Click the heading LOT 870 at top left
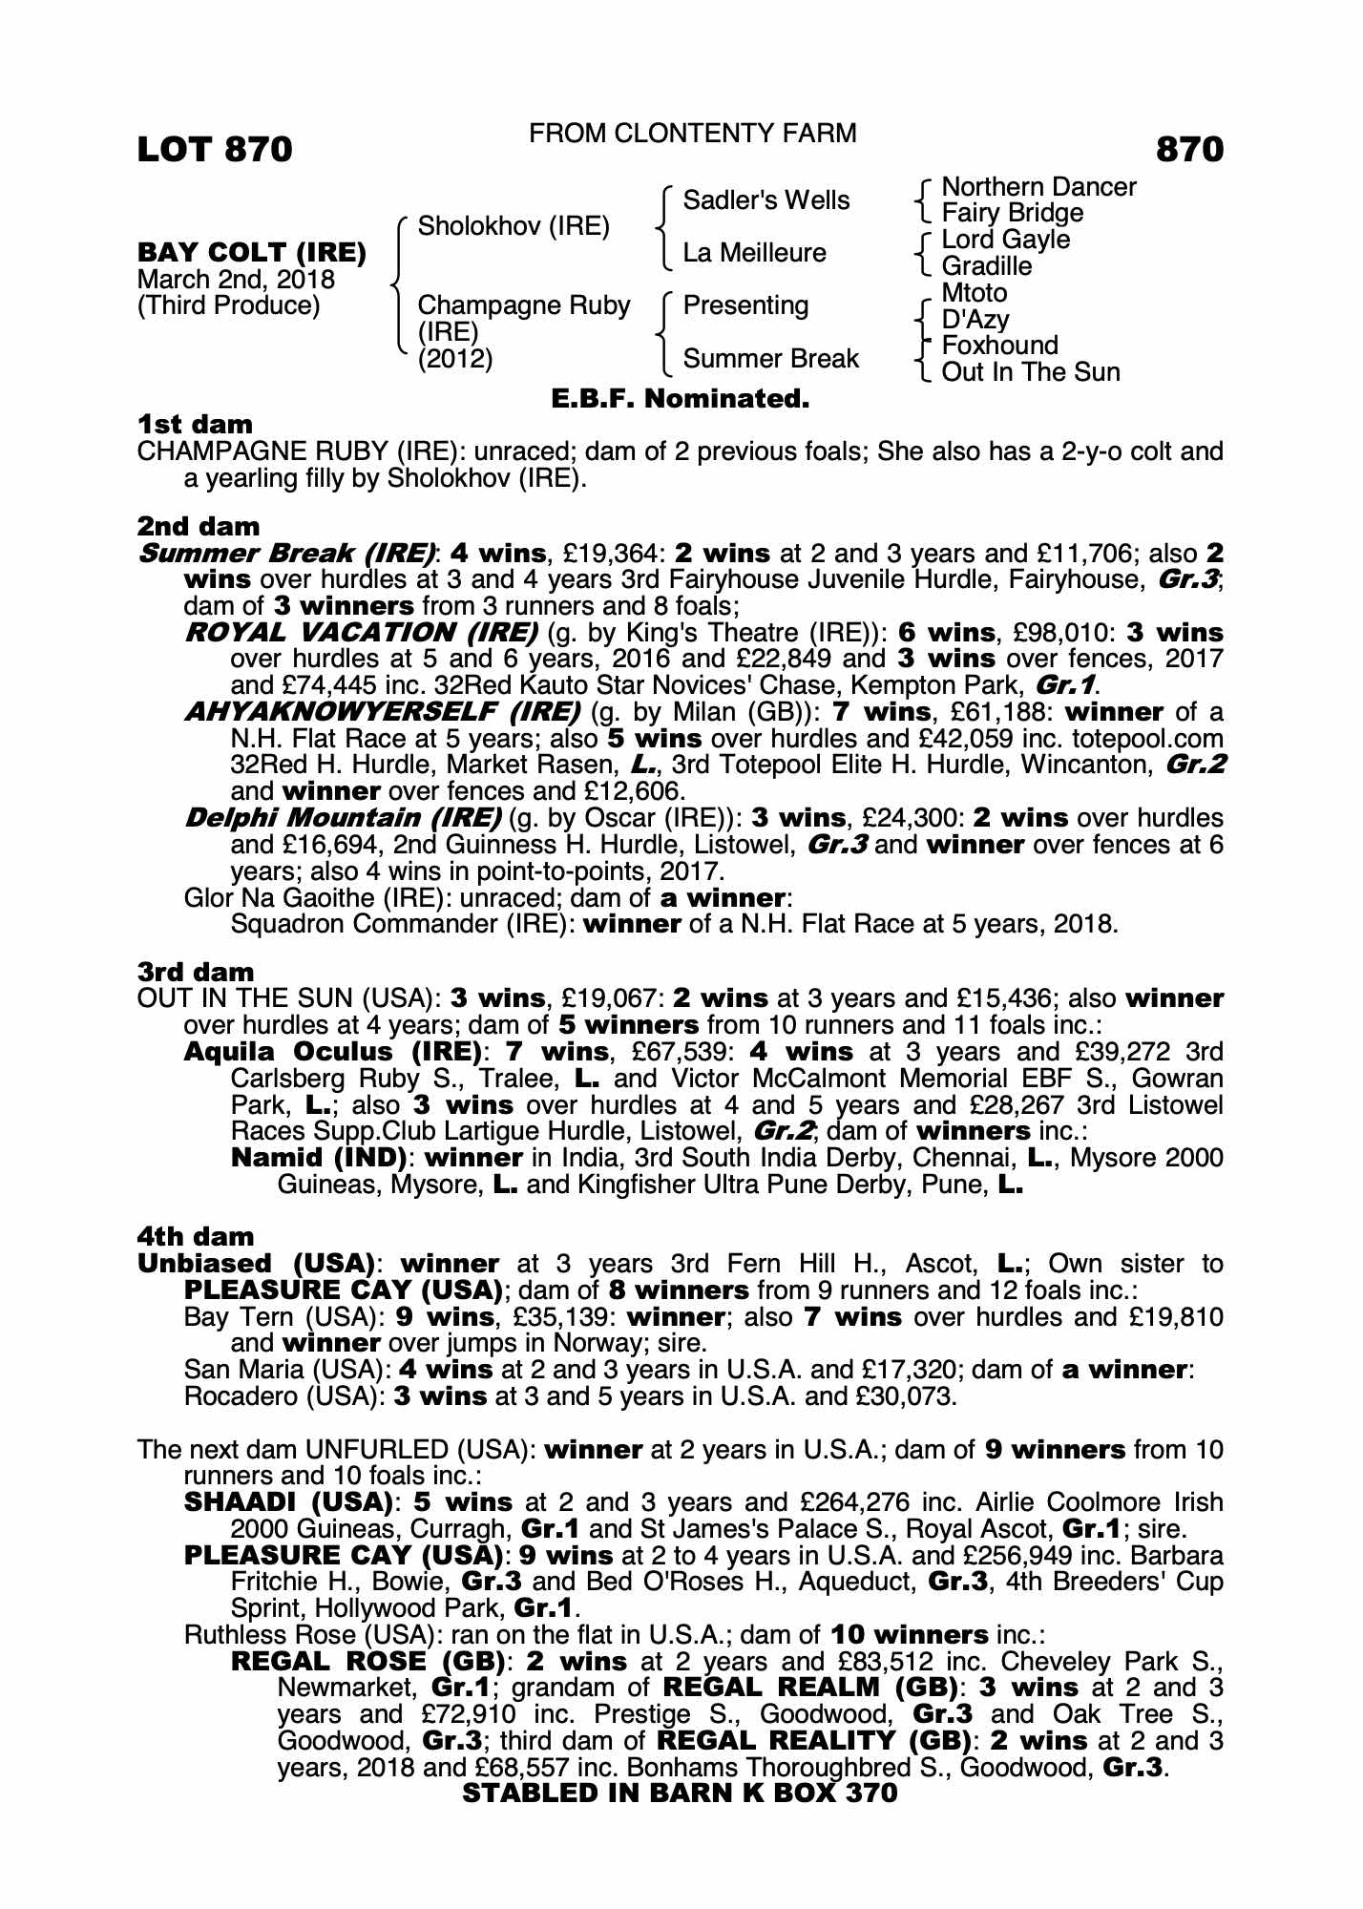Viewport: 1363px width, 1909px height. tap(215, 150)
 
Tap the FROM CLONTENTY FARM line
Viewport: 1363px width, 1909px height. tap(692, 134)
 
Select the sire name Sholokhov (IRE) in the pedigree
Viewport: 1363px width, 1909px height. tap(514, 226)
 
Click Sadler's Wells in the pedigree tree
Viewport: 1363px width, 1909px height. tap(766, 200)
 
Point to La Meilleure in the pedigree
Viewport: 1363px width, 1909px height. tap(754, 253)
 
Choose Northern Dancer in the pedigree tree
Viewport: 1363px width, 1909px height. tap(1038, 187)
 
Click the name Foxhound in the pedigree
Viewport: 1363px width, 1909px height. tap(999, 346)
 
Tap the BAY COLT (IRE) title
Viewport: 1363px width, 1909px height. tap(252, 253)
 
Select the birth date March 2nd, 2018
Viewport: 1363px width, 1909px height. tap(236, 280)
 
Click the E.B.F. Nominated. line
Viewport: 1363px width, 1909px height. tap(681, 399)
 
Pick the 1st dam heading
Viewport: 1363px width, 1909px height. tap(195, 424)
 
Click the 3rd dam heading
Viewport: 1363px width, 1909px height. tap(196, 973)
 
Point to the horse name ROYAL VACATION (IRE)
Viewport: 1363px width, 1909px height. tap(361, 633)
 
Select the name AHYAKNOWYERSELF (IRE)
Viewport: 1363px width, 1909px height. tap(382, 712)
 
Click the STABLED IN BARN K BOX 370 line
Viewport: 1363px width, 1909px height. tap(680, 1793)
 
